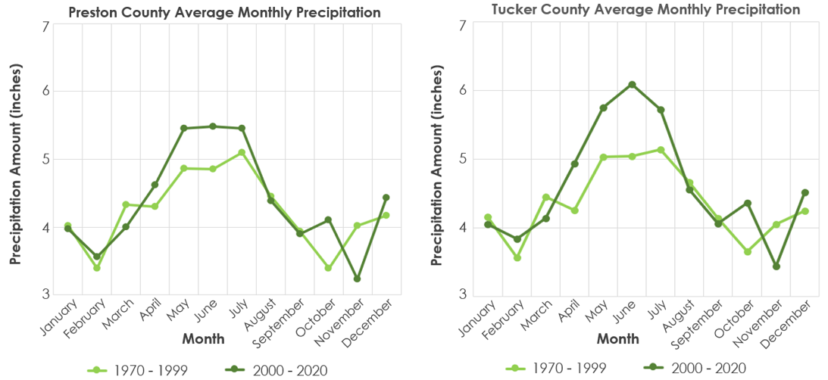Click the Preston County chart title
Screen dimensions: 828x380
coord(225,13)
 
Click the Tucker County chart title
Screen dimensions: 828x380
coord(646,10)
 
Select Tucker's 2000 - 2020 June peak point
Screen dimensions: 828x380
coord(632,85)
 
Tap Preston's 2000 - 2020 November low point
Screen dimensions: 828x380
coord(357,279)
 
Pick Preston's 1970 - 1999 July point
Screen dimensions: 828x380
coord(242,152)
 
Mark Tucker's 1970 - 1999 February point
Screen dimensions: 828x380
coord(517,257)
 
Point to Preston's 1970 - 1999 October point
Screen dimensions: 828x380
coord(328,268)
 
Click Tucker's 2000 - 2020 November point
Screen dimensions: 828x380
coord(776,266)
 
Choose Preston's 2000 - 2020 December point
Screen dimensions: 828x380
coord(386,198)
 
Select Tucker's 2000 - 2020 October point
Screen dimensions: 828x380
coord(747,203)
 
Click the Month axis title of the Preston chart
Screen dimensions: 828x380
coord(203,338)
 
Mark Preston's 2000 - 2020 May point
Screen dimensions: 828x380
coord(184,128)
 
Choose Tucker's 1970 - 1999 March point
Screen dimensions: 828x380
coord(546,198)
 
